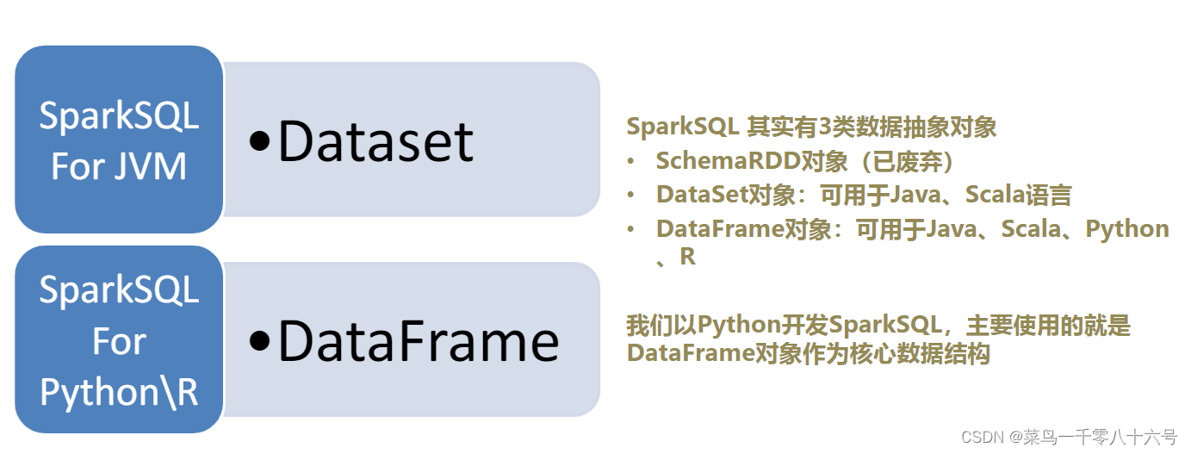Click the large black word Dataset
click(x=375, y=142)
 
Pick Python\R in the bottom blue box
click(x=119, y=392)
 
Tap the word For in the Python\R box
click(x=119, y=342)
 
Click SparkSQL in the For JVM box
click(x=119, y=115)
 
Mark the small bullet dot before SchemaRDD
click(x=632, y=161)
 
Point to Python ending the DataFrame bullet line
click(x=1126, y=228)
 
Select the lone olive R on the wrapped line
click(x=687, y=257)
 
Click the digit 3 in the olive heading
click(x=824, y=127)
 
